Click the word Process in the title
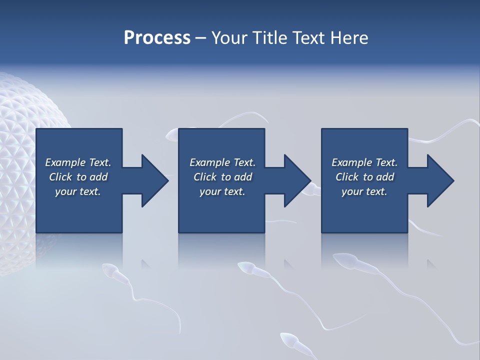(157, 38)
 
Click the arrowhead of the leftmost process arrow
(154, 180)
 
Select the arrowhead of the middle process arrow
(297, 180)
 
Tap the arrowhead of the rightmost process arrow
(440, 180)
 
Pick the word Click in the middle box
(205, 177)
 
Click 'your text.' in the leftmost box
(78, 191)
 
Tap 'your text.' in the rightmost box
(364, 191)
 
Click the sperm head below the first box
(109, 271)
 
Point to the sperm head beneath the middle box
(245, 268)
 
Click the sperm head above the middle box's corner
(171, 133)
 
